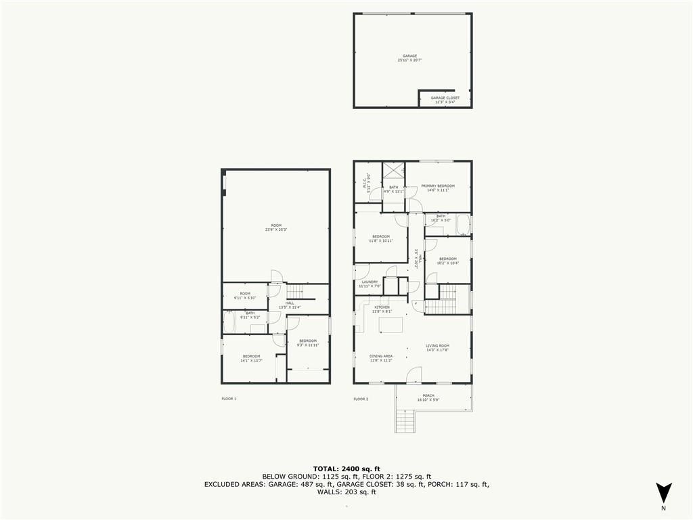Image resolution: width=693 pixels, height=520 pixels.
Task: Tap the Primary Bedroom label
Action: coord(438,188)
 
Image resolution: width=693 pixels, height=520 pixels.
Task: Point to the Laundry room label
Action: coord(370,284)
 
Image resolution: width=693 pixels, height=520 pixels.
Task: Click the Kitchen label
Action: coord(382,309)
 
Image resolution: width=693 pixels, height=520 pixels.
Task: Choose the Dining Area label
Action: coord(381,357)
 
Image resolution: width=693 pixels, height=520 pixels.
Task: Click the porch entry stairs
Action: coord(404,422)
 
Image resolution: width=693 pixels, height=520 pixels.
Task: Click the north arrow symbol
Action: coord(664,492)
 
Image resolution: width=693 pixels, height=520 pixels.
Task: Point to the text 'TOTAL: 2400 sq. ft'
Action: coord(346,469)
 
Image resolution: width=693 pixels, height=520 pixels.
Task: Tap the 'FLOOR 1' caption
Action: coord(229,399)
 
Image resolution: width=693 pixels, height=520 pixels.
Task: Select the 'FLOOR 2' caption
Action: coord(361,399)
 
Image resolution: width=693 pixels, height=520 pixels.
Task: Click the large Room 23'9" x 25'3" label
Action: coord(276,227)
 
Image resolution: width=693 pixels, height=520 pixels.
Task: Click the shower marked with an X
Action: coord(393,172)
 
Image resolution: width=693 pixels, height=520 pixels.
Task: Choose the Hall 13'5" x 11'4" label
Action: coord(290,305)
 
